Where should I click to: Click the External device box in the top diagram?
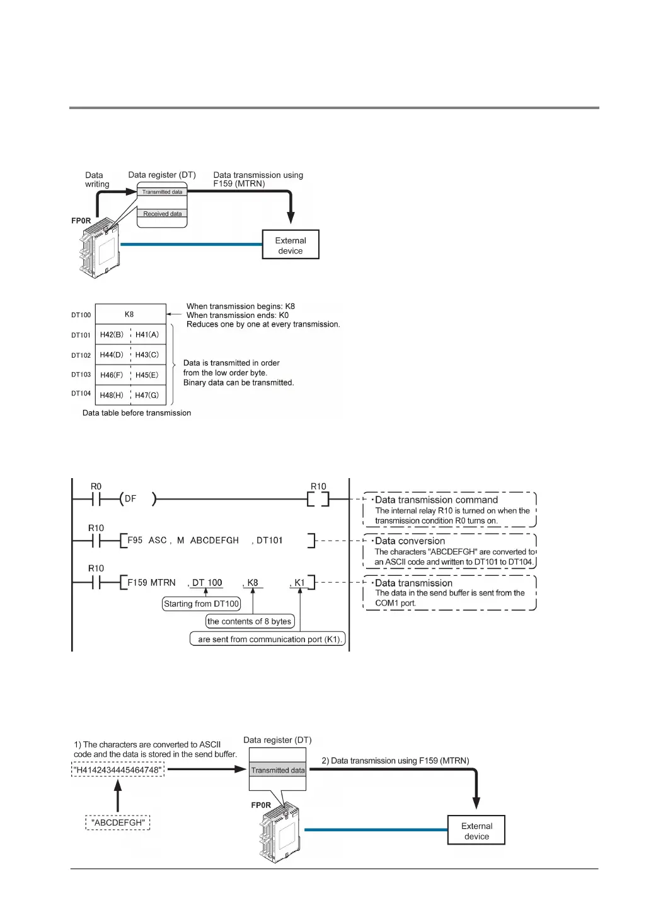pos(291,245)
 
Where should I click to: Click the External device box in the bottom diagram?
pos(476,830)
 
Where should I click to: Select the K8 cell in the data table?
pos(130,314)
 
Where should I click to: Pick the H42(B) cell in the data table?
pos(112,334)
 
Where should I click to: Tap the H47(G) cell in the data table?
pos(147,395)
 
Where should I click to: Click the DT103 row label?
pos(81,375)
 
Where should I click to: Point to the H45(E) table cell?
pos(147,375)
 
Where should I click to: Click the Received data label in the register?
pos(162,214)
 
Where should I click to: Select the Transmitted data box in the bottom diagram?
pos(277,770)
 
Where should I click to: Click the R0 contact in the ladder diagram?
pos(96,499)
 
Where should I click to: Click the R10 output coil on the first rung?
pos(318,499)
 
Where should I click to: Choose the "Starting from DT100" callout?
pos(202,604)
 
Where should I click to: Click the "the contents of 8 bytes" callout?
pos(250,621)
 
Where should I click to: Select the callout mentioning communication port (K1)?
pos(268,639)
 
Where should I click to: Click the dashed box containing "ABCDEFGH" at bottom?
pos(118,822)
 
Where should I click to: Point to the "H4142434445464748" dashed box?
pos(118,770)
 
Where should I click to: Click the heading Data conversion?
pos(410,541)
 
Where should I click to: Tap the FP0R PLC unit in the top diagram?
pos(100,250)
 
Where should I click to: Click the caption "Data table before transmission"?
pos(137,413)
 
